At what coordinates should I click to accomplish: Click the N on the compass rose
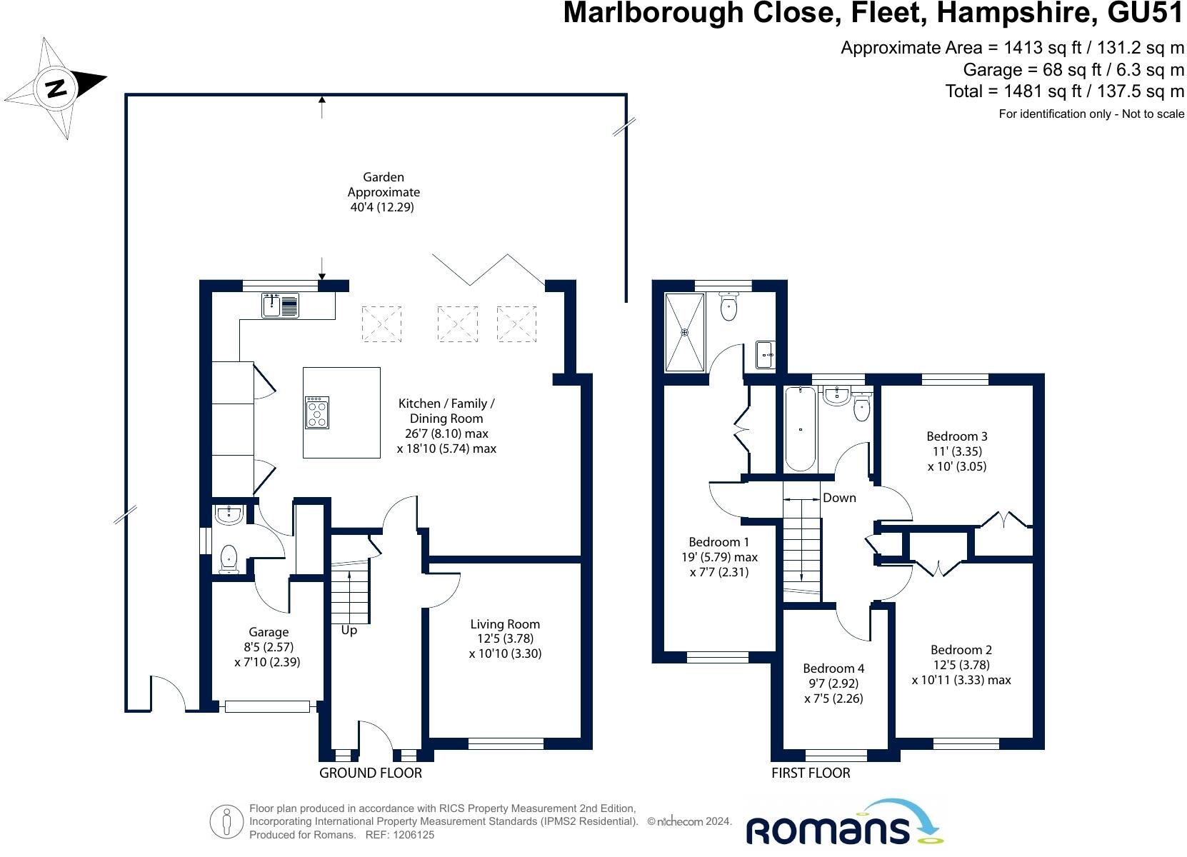pos(56,88)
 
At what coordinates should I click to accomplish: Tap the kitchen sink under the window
pos(280,306)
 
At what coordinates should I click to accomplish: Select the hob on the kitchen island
pos(317,412)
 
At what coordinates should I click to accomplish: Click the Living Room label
pos(505,624)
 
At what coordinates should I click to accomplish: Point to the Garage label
pos(269,632)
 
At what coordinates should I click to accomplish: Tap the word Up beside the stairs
pos(349,631)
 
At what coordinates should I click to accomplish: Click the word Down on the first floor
pos(839,498)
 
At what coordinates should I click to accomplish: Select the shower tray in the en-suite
pos(685,332)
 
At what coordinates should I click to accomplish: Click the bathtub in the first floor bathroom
pos(800,428)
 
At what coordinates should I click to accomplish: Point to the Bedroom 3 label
pos(957,436)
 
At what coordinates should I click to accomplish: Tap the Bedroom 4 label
pos(833,668)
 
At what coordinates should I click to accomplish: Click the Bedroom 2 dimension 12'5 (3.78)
pos(961,665)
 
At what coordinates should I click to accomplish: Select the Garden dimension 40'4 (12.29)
pos(382,206)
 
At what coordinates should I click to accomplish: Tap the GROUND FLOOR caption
pos(371,773)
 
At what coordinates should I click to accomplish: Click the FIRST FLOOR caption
pos(811,773)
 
